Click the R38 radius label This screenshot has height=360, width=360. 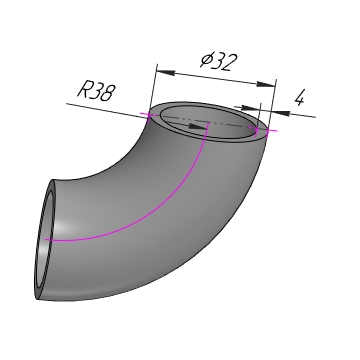coord(96,92)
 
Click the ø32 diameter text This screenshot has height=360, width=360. coord(219,62)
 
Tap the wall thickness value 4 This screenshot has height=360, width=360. coord(300,98)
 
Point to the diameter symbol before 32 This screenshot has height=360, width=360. coord(206,60)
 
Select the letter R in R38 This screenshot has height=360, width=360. coord(84,90)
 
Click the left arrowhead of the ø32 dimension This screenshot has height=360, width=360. coord(166,72)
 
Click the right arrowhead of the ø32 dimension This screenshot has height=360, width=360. coord(266,84)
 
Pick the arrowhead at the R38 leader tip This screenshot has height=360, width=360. coord(198,126)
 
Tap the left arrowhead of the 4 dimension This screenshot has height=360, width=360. coord(250,108)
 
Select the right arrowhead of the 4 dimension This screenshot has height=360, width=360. coord(281,113)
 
